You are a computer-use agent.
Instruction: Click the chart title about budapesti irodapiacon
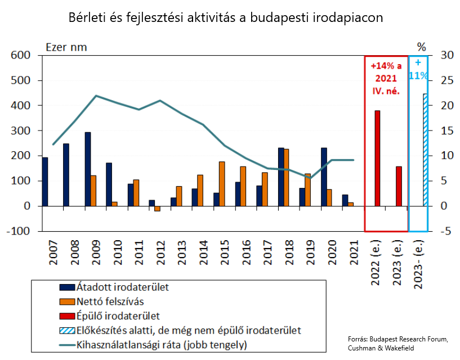click(x=225, y=17)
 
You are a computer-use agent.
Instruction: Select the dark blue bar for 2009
click(x=88, y=169)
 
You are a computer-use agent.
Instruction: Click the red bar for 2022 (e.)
click(x=377, y=158)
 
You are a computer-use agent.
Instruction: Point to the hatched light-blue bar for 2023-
click(x=425, y=150)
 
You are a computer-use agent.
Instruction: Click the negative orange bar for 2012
click(x=157, y=209)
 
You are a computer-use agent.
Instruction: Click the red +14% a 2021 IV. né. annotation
click(x=386, y=78)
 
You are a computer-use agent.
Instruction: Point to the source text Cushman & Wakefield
click(x=388, y=349)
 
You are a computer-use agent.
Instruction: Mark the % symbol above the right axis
click(x=422, y=47)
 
